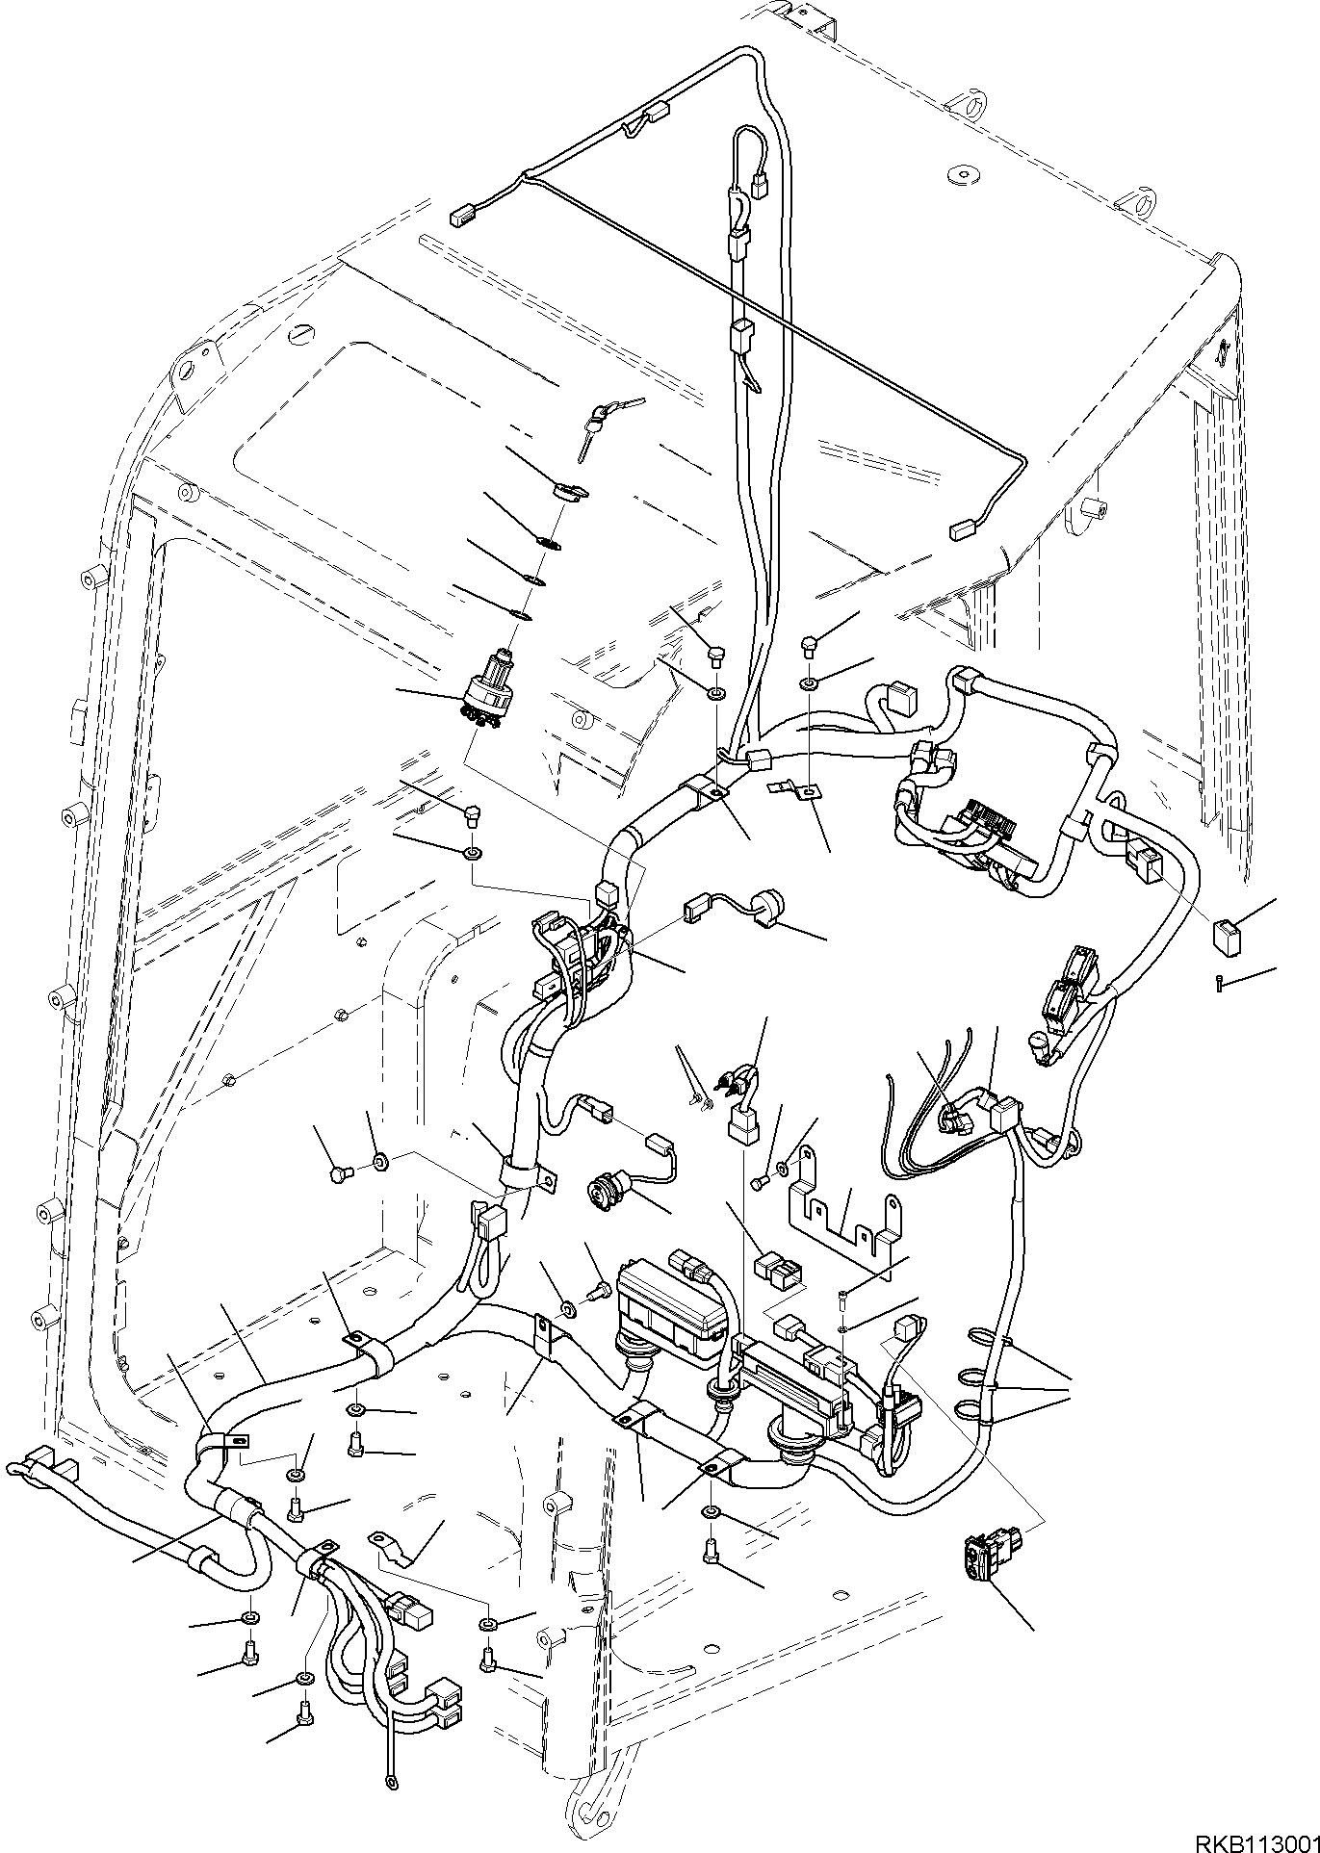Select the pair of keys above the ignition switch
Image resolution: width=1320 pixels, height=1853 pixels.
coord(595,418)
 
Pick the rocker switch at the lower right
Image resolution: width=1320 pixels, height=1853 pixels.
coord(984,1559)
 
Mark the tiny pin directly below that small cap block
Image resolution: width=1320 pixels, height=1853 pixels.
coord(1220,983)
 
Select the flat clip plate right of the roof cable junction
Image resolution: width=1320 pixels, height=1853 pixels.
coord(793,788)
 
